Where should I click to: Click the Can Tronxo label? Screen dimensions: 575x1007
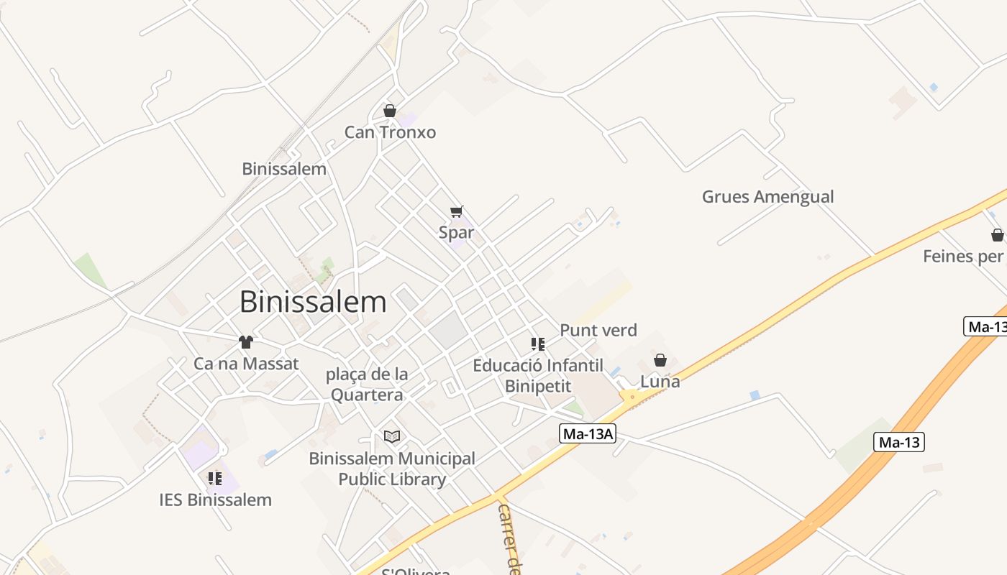[390, 132]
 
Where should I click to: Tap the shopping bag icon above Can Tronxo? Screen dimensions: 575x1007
[390, 111]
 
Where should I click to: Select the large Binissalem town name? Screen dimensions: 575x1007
[313, 302]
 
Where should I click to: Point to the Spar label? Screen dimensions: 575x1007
[457, 232]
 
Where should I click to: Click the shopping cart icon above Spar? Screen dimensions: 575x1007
[457, 211]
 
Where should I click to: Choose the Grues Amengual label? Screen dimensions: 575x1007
[767, 196]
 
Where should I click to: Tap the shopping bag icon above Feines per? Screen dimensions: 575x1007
[997, 235]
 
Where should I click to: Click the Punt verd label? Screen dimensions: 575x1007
[598, 331]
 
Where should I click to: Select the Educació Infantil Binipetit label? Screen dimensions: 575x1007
[538, 376]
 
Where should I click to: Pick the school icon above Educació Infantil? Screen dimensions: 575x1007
[538, 344]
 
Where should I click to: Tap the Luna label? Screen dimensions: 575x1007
[660, 382]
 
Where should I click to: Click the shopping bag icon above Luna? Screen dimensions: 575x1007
[660, 360]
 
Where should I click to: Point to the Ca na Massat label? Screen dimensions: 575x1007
[246, 364]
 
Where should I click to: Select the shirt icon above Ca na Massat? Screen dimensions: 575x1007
[246, 342]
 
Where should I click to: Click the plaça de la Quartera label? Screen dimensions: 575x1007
[367, 385]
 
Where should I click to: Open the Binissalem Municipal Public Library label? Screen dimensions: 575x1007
[392, 469]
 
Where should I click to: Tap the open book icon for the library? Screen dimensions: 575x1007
[392, 436]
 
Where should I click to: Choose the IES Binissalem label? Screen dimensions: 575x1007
[215, 500]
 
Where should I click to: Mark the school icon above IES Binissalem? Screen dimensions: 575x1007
[214, 478]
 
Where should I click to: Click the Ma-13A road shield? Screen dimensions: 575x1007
[588, 433]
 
